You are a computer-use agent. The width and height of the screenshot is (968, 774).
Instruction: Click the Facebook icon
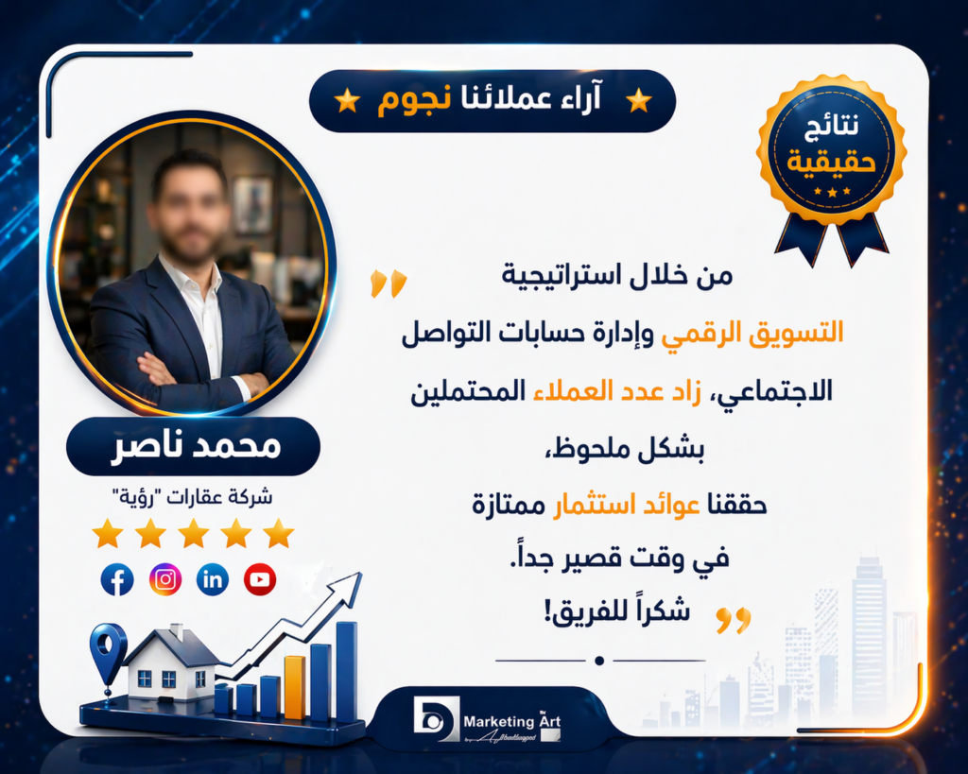click(117, 579)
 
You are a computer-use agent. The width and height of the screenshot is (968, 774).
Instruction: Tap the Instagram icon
click(165, 579)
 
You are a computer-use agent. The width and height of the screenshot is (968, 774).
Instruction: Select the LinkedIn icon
click(213, 579)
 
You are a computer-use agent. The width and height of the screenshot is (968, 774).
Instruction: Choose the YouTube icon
click(260, 579)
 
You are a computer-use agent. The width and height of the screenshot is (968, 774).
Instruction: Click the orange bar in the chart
click(295, 688)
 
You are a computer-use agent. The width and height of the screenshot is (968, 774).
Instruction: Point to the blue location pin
click(108, 648)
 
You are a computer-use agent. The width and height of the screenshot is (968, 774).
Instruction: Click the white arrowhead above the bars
click(350, 584)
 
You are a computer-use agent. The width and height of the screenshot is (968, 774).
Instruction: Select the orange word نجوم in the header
click(414, 100)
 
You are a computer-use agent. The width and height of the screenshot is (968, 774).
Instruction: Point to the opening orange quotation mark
click(389, 284)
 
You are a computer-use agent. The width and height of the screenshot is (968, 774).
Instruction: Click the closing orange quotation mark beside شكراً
click(734, 620)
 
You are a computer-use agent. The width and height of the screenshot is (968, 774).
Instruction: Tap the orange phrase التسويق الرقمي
click(752, 335)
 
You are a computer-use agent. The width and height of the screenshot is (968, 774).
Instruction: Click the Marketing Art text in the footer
click(511, 721)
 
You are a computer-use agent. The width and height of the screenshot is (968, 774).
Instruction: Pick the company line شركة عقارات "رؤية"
click(192, 496)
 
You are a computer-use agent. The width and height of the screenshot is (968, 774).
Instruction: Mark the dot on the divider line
click(598, 661)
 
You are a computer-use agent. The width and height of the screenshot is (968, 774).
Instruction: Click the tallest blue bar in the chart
click(346, 671)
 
